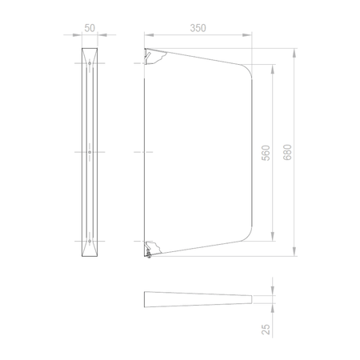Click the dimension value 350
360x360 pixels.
pos(198,28)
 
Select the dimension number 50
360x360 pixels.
pos(90,28)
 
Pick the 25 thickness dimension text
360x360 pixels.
pos(266,328)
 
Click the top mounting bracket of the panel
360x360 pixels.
pos(154,55)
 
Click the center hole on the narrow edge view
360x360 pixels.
pos(90,152)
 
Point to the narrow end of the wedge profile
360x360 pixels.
pos(252,300)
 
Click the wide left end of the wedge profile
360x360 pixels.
pos(146,300)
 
